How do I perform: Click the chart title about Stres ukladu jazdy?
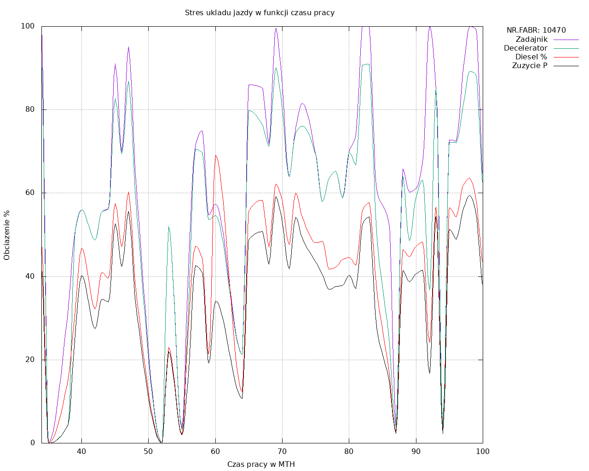pyautogui.click(x=260, y=12)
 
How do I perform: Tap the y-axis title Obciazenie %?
pyautogui.click(x=7, y=235)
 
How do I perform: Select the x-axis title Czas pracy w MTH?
pyautogui.click(x=261, y=464)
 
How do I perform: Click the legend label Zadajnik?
pyautogui.click(x=531, y=39)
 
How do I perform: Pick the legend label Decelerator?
pyautogui.click(x=525, y=48)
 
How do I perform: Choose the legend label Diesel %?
pyautogui.click(x=531, y=57)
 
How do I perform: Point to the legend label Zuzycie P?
pyautogui.click(x=530, y=65)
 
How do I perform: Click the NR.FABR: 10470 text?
pyautogui.click(x=536, y=30)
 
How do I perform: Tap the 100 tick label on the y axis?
pyautogui.click(x=28, y=26)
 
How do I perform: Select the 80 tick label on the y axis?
pyautogui.click(x=30, y=109)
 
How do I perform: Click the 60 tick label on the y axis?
pyautogui.click(x=30, y=193)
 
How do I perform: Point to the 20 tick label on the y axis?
pyautogui.click(x=30, y=359)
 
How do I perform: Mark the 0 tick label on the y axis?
pyautogui.click(x=33, y=443)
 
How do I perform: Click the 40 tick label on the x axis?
pyautogui.click(x=81, y=451)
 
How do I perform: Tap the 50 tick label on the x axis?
pyautogui.click(x=148, y=451)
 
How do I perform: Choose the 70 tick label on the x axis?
pyautogui.click(x=282, y=451)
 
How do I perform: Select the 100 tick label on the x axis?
pyautogui.click(x=483, y=451)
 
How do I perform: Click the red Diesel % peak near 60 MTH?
pyautogui.click(x=215, y=156)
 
